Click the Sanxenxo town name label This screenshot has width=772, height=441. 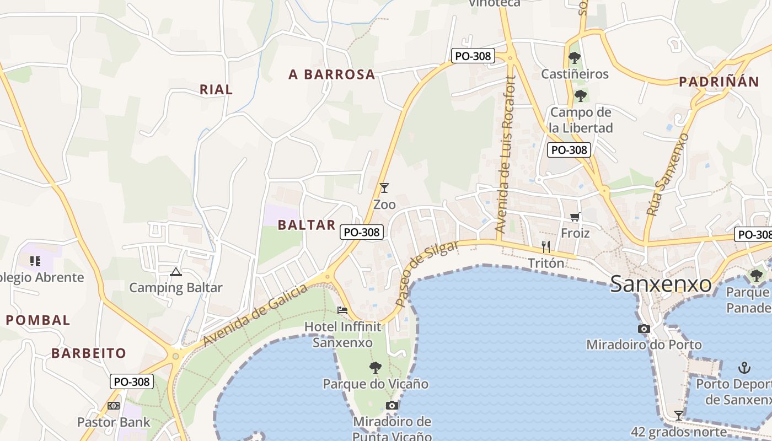click(661, 284)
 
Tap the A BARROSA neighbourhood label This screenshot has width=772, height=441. click(332, 74)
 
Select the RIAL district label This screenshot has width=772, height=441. click(216, 89)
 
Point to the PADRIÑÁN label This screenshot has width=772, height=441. click(719, 82)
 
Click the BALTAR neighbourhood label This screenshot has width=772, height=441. click(307, 224)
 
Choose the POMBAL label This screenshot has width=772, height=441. click(38, 320)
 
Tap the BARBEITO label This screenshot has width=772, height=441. click(89, 353)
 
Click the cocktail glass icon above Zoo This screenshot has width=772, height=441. click(384, 188)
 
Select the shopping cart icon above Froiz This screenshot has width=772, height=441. click(575, 217)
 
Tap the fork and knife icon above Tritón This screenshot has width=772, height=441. click(546, 246)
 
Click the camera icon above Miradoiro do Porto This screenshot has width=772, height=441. click(644, 329)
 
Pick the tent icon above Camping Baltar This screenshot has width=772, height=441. click(176, 271)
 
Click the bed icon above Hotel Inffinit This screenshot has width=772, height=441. click(342, 310)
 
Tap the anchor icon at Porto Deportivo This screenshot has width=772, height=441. click(744, 367)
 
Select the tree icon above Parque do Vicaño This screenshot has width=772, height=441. click(376, 367)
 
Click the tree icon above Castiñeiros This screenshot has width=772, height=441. click(575, 57)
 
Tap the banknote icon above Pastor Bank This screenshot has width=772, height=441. click(114, 406)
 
